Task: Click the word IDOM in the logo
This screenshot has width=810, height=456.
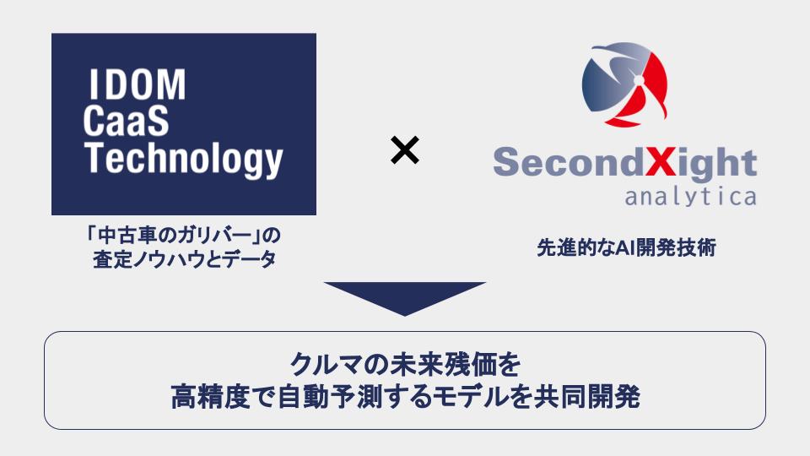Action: tap(135, 85)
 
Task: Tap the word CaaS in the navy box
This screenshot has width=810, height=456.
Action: tap(126, 122)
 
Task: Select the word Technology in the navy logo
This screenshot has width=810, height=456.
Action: tap(184, 160)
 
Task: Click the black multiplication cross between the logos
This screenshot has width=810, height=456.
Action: tap(405, 152)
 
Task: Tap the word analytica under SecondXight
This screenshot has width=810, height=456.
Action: tap(690, 197)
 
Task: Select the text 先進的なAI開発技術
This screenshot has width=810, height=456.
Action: tap(626, 249)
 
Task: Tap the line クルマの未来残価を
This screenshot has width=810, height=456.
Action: tap(404, 365)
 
